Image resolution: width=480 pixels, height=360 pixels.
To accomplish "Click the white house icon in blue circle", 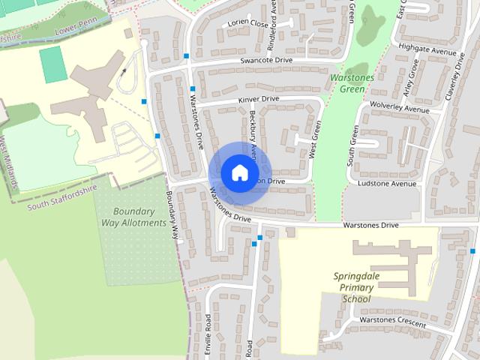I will coord(239,173).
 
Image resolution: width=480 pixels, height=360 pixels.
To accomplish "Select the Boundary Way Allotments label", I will coord(133,217).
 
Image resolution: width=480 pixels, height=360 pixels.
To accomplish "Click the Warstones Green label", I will coord(348,83).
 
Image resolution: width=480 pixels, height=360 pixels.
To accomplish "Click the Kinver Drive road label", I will coord(259,99).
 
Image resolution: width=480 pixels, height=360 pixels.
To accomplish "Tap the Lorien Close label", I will coord(250,24).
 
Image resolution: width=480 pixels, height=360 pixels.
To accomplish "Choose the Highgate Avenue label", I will coord(428,50).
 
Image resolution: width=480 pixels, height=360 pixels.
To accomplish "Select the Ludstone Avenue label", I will coord(387,183).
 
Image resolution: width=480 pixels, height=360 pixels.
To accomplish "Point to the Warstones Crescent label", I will coord(391,323).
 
